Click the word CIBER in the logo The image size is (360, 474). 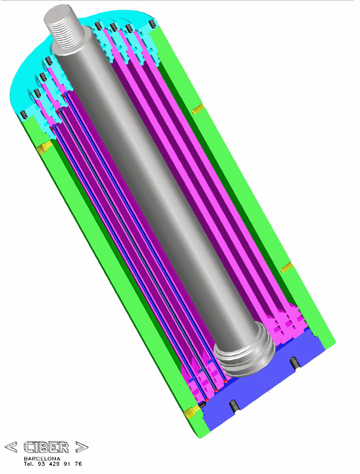(46, 447)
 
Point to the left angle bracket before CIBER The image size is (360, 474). (11, 447)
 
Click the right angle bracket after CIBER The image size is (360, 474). (82, 447)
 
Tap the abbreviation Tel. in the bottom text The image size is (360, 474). (29, 464)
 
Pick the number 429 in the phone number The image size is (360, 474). (54, 464)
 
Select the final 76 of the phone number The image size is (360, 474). (78, 464)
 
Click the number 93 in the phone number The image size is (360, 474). (41, 464)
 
